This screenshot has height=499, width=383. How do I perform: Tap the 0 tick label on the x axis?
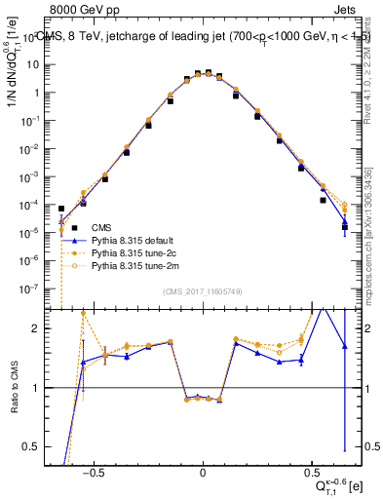pyautogui.click(x=202, y=469)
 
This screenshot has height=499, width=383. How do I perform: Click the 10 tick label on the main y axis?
pyautogui.click(x=43, y=64)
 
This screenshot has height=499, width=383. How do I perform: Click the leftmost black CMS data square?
pyautogui.click(x=61, y=209)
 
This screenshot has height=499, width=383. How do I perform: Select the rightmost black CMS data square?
pyautogui.click(x=344, y=227)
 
